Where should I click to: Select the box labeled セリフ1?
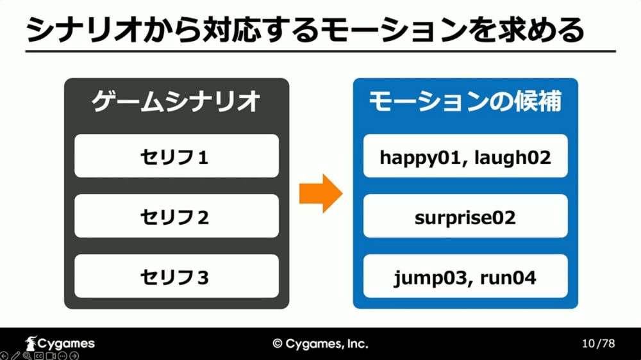click(x=177, y=156)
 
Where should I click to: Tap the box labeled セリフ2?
click(x=177, y=216)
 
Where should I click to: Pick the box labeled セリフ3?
click(x=177, y=276)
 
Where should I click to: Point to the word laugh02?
click(x=513, y=158)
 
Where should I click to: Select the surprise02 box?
click(x=465, y=216)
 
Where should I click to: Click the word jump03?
click(x=429, y=279)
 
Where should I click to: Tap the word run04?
click(x=508, y=278)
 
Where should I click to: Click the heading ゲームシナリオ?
click(x=176, y=101)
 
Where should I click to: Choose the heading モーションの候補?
click(x=465, y=101)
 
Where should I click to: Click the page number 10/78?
click(x=599, y=343)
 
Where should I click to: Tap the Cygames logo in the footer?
click(x=60, y=343)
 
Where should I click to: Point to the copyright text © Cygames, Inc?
click(x=320, y=344)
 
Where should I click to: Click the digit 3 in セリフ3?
click(x=203, y=278)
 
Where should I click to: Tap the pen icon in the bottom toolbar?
click(x=15, y=356)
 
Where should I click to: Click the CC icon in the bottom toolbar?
click(x=38, y=356)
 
